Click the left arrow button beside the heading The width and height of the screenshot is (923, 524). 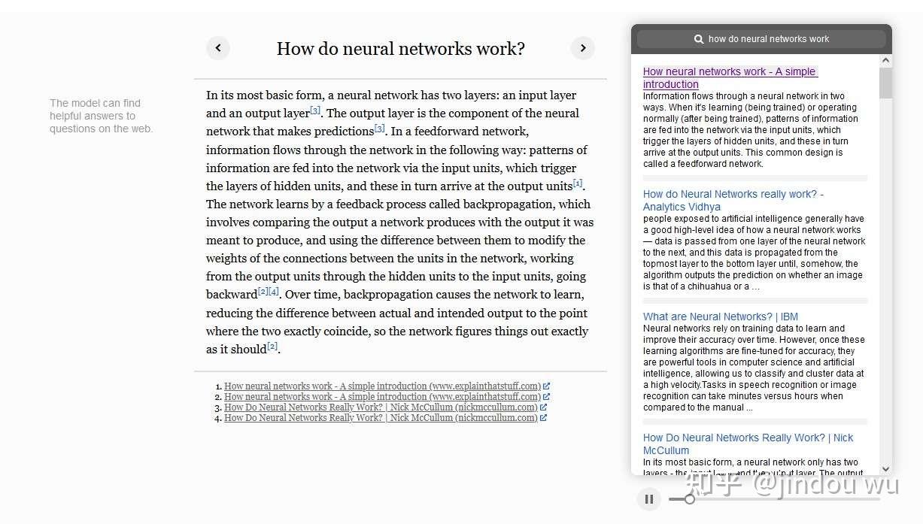(218, 48)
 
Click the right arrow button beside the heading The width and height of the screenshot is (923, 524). (582, 48)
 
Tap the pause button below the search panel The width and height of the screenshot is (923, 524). (649, 498)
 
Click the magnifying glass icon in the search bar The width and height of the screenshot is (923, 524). (699, 39)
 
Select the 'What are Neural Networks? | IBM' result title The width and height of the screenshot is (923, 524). (720, 317)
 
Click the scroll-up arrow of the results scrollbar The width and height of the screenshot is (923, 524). (885, 60)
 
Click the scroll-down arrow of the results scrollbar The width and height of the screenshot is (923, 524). (885, 468)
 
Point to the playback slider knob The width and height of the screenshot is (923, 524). (689, 498)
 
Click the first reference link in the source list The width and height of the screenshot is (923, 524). (382, 386)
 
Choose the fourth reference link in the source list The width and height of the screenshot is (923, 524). (381, 418)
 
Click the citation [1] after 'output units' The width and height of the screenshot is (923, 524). (578, 183)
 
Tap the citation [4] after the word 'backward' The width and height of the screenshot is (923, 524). (274, 292)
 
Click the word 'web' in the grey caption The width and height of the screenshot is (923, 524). (141, 129)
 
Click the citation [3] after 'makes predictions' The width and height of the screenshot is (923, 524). (380, 129)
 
